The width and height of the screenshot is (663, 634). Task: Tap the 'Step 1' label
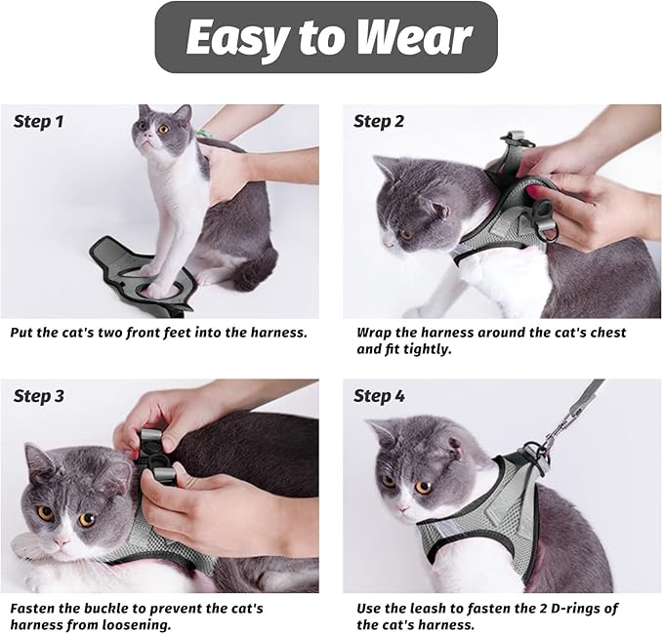(39, 122)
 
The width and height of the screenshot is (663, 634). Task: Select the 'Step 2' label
(379, 122)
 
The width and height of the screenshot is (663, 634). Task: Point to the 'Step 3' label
(39, 396)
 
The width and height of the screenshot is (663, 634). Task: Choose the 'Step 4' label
(379, 396)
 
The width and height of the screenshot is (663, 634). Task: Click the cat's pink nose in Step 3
(62, 539)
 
